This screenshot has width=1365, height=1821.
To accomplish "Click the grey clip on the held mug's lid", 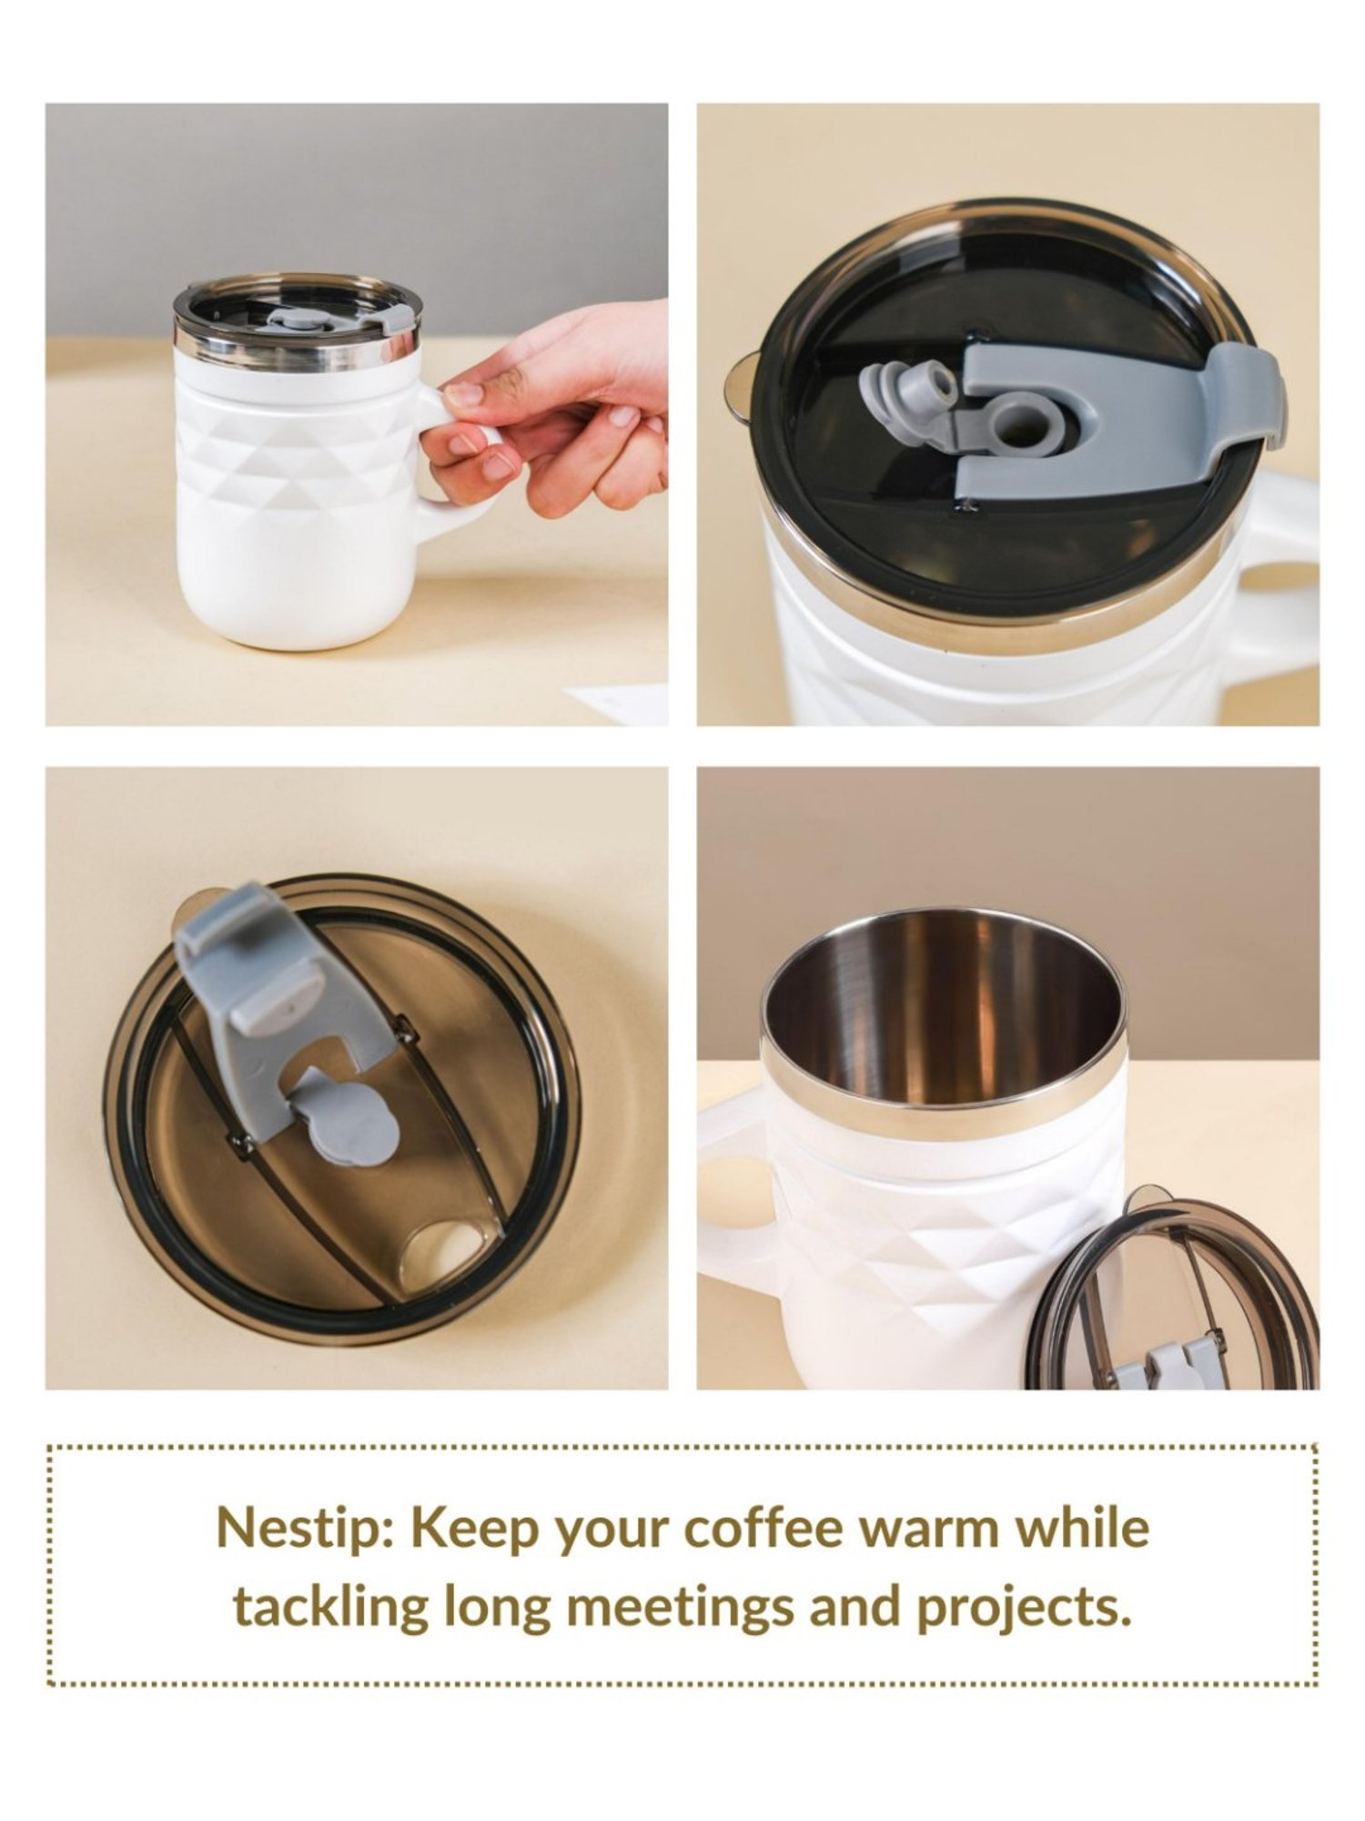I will coord(397,318).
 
